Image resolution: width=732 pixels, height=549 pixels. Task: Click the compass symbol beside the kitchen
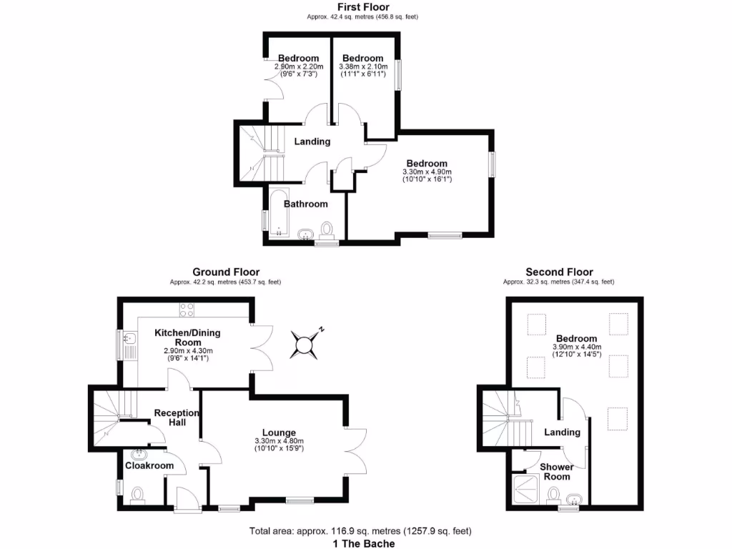tap(307, 345)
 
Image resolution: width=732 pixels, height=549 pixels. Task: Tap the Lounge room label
tap(279, 432)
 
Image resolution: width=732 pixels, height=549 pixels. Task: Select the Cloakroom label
tap(149, 465)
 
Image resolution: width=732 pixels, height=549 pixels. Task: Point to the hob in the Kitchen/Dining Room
tap(187, 310)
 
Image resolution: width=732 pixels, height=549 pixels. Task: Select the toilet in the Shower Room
tap(553, 495)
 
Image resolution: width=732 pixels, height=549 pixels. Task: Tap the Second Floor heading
tap(559, 272)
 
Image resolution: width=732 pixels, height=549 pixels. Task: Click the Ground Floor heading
tap(226, 272)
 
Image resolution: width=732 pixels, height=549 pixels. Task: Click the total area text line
tap(360, 531)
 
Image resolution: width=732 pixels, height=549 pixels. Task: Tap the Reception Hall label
tap(176, 417)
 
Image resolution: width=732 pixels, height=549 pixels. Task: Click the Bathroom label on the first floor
tap(306, 204)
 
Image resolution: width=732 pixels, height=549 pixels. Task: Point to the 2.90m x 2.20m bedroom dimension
tap(298, 66)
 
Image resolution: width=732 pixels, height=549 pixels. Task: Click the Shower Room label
tap(556, 472)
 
